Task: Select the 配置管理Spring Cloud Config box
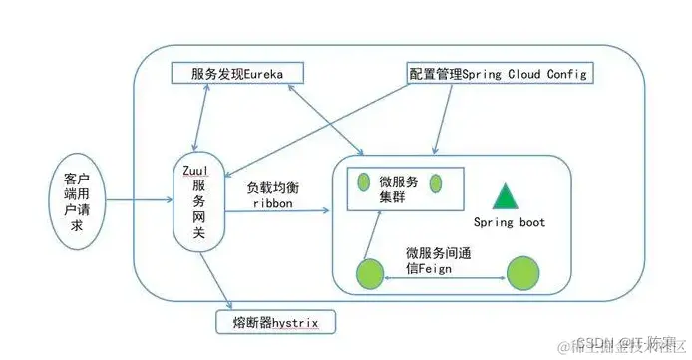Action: tap(500, 73)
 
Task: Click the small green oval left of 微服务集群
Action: tap(363, 182)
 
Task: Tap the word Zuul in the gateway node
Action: tap(195, 171)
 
